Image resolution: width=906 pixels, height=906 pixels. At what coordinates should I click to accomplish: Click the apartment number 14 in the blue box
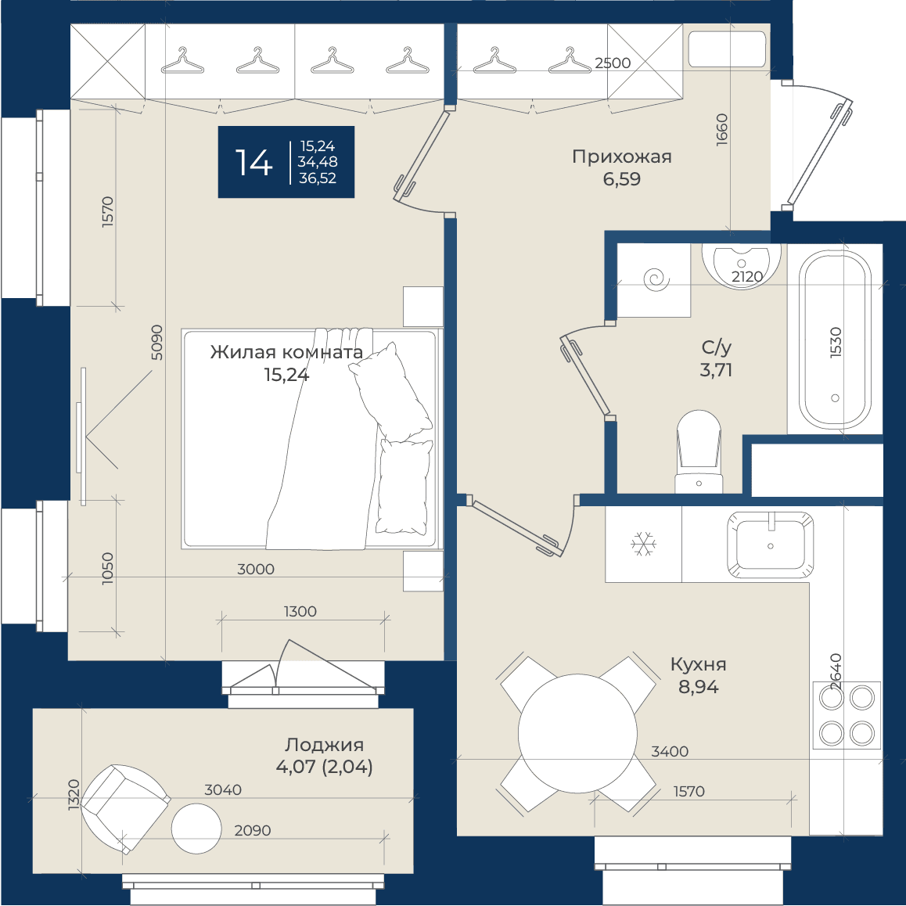(x=253, y=163)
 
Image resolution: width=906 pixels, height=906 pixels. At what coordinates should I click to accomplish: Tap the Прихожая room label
(x=622, y=157)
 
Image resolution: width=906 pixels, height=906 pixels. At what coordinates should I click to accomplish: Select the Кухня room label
(x=698, y=664)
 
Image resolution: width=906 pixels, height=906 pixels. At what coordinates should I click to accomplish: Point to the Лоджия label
(x=324, y=745)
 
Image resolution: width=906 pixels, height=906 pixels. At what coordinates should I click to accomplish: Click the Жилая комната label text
(x=286, y=352)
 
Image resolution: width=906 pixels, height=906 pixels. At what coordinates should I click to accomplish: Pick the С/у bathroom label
(x=717, y=347)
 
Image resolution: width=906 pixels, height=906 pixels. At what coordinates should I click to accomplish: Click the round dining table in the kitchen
(x=577, y=733)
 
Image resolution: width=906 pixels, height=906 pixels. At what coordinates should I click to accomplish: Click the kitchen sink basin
(x=770, y=545)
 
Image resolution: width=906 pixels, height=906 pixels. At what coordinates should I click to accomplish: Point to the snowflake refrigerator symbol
(x=643, y=545)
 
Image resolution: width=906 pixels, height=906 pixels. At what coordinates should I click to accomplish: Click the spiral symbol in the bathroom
(x=656, y=280)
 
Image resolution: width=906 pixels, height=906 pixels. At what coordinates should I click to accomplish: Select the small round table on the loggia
(x=196, y=828)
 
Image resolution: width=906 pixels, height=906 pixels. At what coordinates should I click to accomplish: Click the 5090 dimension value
(x=156, y=342)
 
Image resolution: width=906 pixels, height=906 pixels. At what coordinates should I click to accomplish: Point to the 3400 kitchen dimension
(x=670, y=751)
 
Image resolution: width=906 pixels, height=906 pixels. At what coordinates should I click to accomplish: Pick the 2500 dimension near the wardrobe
(x=613, y=63)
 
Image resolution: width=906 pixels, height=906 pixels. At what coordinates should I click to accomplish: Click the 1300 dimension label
(x=300, y=611)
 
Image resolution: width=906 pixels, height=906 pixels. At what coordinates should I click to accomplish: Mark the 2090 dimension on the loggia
(x=253, y=830)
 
